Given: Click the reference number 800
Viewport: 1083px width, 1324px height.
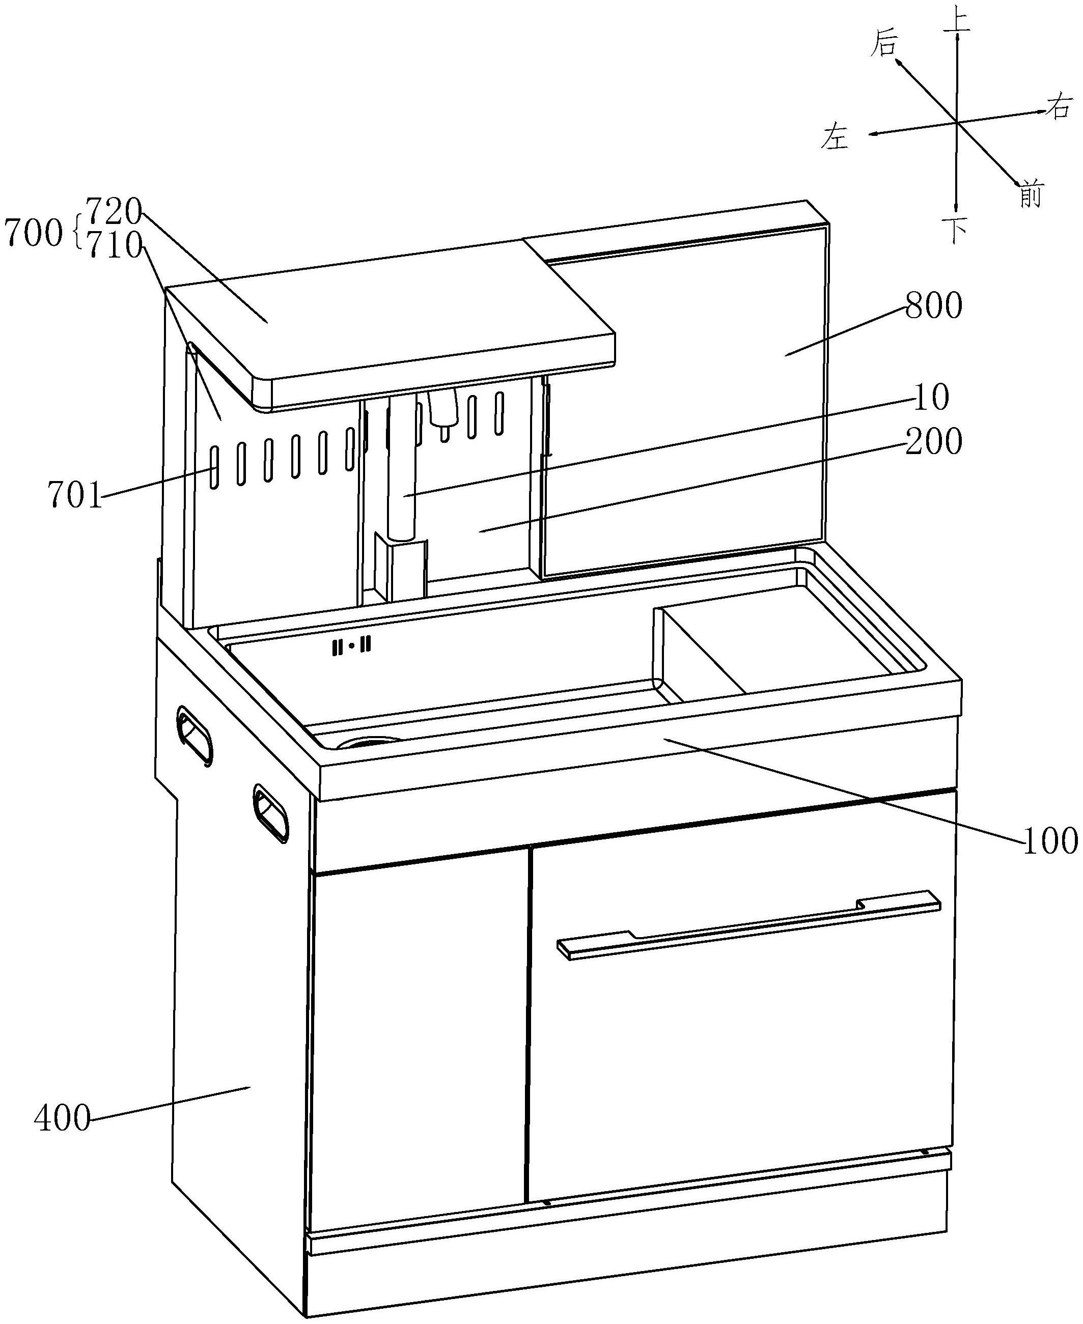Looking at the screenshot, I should point(933,307).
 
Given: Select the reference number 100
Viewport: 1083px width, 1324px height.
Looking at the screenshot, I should point(1049,842).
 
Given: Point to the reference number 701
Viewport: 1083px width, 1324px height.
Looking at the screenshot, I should point(75,496).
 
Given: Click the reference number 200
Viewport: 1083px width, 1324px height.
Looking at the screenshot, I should point(933,441).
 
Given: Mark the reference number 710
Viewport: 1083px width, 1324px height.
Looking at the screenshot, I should point(115,246).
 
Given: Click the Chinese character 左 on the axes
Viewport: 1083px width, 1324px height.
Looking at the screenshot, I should point(836,136).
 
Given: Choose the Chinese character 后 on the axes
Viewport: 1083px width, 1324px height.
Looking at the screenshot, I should point(884,44).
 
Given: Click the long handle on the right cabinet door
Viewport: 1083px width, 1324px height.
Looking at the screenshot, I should point(748,923).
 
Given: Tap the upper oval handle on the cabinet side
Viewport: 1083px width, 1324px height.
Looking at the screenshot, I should point(195,735).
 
